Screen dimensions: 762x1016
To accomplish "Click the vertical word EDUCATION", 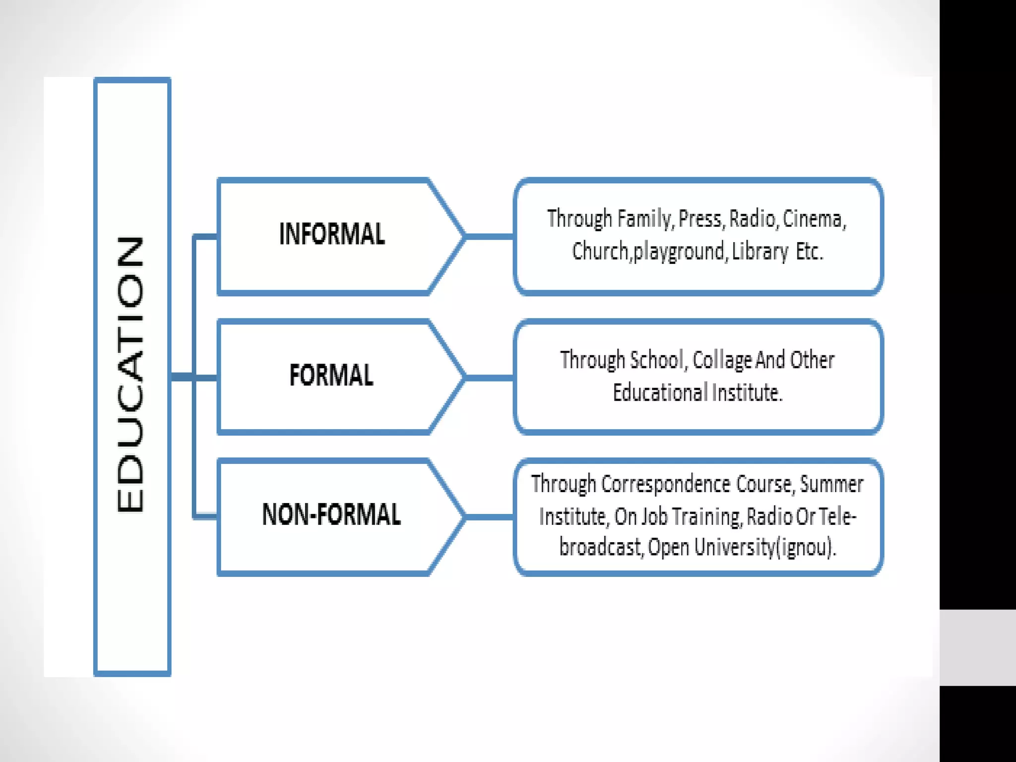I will pos(130,375).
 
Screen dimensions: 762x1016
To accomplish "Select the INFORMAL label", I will pos(332,234).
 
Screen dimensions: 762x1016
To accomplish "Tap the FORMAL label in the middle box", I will pos(331,375).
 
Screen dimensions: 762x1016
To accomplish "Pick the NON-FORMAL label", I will pos(331,514).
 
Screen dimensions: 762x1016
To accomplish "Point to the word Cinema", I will pos(814,219).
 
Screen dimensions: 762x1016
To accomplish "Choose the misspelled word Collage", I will pos(722,360).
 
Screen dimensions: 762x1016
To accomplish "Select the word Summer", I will pos(831,484).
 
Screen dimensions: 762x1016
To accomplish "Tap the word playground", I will pos(680,252).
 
